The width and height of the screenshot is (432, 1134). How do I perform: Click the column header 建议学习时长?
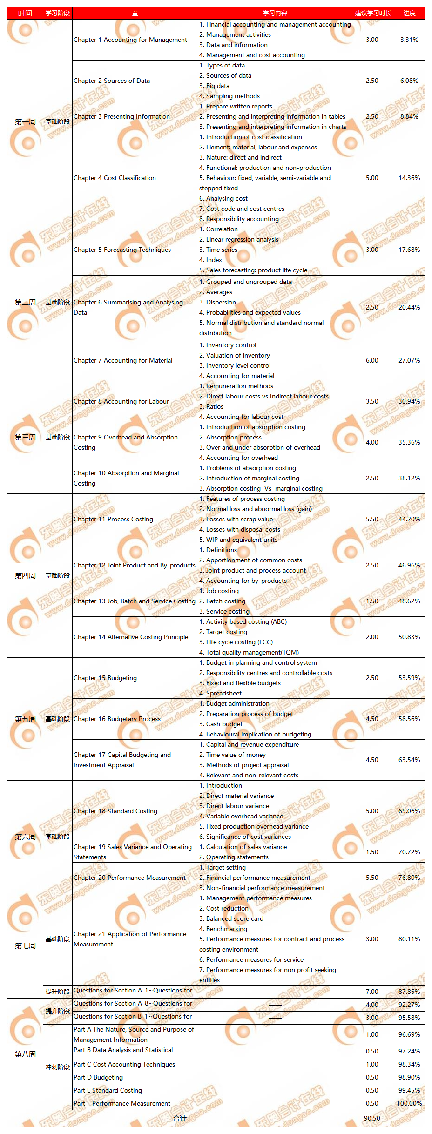point(372,13)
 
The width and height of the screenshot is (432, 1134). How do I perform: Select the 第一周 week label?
point(25,122)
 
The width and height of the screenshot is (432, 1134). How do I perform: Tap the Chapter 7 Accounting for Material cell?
point(123,360)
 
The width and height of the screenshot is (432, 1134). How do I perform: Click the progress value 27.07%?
point(409,360)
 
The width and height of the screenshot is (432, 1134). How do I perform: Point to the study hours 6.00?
point(372,360)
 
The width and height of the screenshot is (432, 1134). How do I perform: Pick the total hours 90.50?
point(372,1118)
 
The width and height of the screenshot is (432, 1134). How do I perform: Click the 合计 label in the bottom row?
point(180,1118)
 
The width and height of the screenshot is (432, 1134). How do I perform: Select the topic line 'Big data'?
point(217,86)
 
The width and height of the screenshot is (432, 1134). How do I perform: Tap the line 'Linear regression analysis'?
point(242,239)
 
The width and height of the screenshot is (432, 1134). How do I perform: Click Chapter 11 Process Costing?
point(113,519)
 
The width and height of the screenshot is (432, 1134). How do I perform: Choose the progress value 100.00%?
point(409,1103)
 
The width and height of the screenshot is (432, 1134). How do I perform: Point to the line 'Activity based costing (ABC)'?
point(246,621)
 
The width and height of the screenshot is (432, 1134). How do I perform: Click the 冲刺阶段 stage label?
point(57,1066)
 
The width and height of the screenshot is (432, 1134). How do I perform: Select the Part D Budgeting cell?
point(98,1077)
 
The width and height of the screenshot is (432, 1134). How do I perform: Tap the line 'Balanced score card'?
point(235,918)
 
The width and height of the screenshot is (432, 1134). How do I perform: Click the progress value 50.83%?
point(409,637)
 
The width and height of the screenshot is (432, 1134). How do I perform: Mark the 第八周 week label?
point(25,1054)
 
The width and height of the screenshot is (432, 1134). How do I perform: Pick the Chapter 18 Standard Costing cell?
point(115,811)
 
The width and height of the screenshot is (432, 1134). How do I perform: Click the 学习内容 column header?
point(275,13)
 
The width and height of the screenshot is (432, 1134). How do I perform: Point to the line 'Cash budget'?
point(224,724)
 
